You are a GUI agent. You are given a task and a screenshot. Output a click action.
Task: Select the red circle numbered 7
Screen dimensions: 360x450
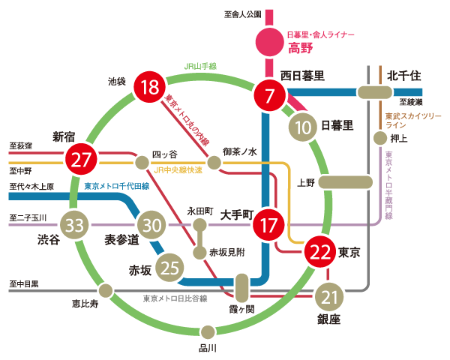point(269,95)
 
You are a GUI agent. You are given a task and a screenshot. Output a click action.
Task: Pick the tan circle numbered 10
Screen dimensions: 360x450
point(303,127)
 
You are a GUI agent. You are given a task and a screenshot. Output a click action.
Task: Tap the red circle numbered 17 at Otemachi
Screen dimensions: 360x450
point(268,224)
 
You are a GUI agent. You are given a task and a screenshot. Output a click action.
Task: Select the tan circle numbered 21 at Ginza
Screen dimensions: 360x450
point(328,298)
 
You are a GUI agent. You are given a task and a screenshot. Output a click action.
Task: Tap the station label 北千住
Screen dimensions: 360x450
point(406,76)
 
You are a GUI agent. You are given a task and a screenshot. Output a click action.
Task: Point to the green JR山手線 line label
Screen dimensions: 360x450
point(200,66)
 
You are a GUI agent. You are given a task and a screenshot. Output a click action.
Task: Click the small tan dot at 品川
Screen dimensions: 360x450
point(208,332)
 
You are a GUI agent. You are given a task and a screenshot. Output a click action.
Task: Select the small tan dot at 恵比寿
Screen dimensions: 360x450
point(106,289)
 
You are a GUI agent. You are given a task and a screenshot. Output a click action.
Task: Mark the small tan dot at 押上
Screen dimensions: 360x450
point(379,138)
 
